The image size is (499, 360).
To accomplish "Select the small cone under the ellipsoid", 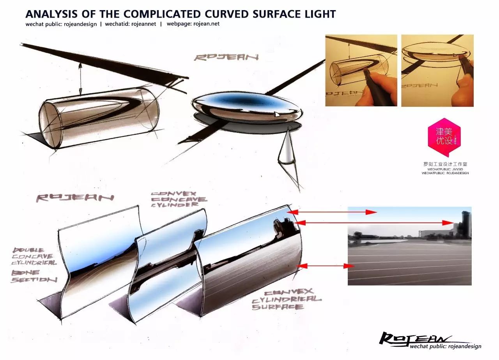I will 287,150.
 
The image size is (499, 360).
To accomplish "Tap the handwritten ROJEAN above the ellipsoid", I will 226,57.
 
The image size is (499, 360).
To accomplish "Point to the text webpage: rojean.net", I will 193,24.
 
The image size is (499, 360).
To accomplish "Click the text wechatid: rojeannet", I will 131,24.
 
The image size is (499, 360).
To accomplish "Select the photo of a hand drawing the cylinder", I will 361,71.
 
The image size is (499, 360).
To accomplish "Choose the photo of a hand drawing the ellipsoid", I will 437,71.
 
